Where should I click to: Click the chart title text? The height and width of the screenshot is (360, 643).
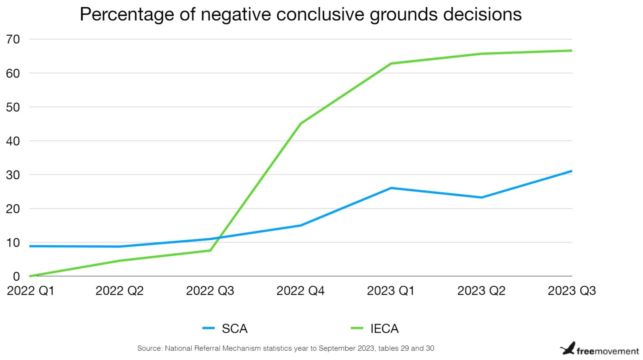301,14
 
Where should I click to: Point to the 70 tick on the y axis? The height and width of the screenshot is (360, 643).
13,39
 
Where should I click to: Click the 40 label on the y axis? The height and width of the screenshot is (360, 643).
13,141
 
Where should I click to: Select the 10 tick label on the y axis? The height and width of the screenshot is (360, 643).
13,243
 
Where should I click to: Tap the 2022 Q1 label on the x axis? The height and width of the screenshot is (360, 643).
31,291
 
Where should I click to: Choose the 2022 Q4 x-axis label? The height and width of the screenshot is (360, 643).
300,291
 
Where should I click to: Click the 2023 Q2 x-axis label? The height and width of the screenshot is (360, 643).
481,291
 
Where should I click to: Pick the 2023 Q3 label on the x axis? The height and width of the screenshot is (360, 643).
571,291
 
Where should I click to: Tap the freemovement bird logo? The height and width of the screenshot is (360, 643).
568,348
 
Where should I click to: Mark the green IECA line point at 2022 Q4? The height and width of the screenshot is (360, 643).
301,123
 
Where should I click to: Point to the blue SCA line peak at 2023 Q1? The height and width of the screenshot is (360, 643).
391,188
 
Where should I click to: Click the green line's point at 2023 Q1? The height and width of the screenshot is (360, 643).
391,64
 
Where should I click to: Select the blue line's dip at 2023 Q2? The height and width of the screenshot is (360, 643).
481,197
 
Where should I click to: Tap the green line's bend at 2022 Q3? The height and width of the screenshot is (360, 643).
210,250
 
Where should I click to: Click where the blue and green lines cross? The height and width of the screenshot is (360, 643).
219,238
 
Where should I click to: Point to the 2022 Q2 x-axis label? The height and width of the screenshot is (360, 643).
119,291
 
